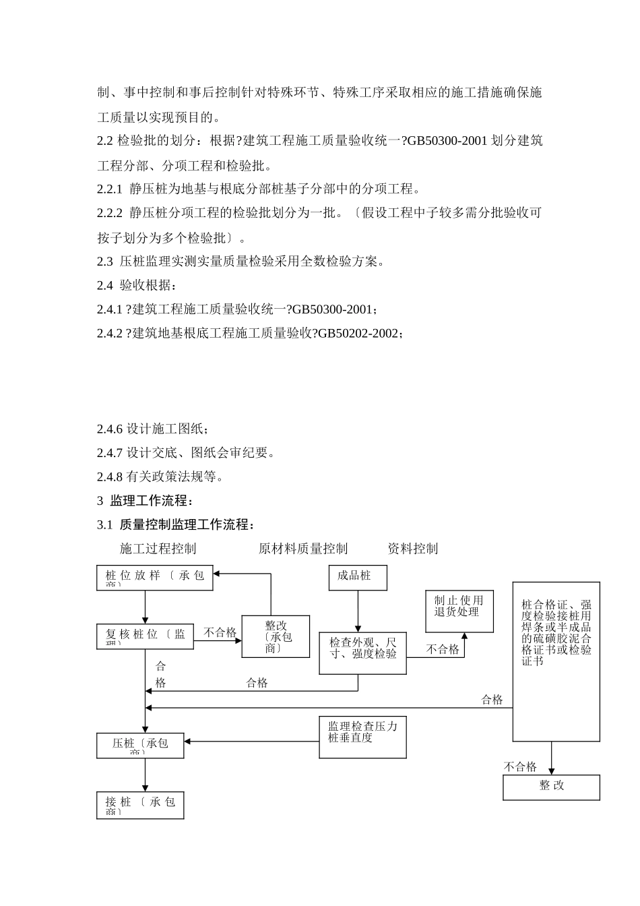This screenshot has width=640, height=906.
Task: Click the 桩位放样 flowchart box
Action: tap(154, 578)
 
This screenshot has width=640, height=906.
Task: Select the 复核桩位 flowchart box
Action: tap(145, 636)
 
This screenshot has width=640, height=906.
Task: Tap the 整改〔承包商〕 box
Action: tap(276, 636)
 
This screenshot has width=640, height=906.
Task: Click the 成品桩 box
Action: tap(358, 578)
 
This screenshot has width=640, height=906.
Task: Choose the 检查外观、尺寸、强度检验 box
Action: tap(362, 653)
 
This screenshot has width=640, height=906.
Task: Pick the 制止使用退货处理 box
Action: tap(459, 611)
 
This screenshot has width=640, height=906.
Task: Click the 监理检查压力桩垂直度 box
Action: tap(362, 737)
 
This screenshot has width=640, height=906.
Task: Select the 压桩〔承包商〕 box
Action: tap(140, 746)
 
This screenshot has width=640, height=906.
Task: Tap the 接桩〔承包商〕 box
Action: tap(140, 805)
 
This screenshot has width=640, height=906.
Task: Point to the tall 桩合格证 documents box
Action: tap(556, 661)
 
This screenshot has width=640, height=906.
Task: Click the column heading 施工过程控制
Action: tap(158, 549)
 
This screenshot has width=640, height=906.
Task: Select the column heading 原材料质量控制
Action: tap(303, 549)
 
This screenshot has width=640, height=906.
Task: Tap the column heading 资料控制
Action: tap(412, 549)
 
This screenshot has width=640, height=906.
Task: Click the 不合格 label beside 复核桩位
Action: tap(220, 632)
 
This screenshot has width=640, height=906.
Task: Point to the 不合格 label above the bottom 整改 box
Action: tap(520, 766)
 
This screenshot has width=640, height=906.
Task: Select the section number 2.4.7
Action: tap(110, 453)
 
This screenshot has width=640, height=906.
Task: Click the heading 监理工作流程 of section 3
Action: tap(152, 501)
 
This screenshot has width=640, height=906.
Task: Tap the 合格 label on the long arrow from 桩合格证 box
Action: tap(492, 700)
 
